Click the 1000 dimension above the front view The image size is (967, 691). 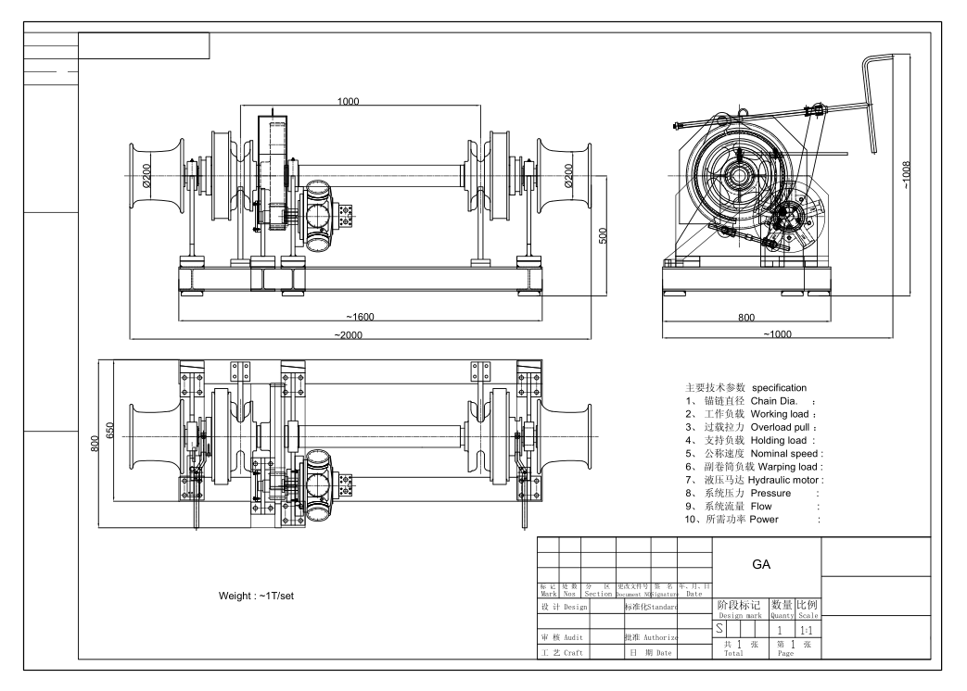click(348, 101)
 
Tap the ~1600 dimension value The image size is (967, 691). click(358, 317)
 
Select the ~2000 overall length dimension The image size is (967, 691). click(349, 333)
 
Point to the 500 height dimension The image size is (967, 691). click(602, 234)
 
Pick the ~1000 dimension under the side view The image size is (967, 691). click(778, 333)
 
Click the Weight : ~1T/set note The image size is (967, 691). click(256, 594)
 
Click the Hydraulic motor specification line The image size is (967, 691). click(754, 480)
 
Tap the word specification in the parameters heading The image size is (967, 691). click(779, 386)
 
